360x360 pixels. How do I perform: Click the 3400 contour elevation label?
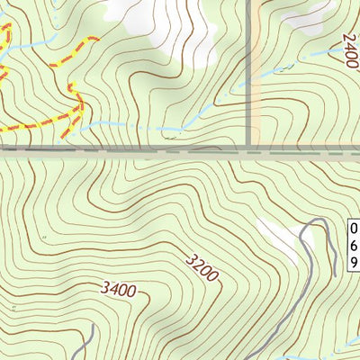coord(119,290)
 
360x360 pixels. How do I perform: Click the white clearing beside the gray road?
coord(279,238)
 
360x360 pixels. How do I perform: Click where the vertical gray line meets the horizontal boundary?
coord(249,147)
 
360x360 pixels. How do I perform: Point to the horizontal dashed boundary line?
coord(135,151)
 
